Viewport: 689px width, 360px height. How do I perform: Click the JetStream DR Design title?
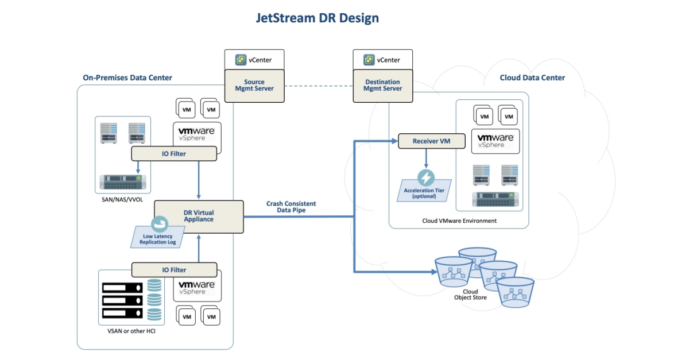(x=317, y=18)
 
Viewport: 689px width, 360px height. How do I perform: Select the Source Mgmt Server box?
(x=254, y=86)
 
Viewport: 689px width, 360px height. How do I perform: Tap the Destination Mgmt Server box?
(x=382, y=86)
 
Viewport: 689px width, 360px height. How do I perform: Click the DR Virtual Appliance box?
(x=199, y=216)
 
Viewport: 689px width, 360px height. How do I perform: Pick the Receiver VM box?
(x=426, y=141)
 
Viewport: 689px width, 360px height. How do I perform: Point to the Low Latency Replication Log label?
(x=158, y=239)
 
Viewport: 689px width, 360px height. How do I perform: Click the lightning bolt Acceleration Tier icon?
(x=426, y=177)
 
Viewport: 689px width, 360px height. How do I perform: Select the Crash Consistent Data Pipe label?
(x=291, y=207)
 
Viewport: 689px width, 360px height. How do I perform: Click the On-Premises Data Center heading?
(x=127, y=78)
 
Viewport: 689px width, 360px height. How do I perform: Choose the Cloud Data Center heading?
(x=532, y=78)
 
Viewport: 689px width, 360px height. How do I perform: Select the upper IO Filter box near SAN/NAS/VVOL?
(x=174, y=153)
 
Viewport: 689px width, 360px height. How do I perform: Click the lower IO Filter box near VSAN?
(x=174, y=269)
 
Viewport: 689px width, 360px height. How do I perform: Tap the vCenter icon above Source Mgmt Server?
(x=241, y=60)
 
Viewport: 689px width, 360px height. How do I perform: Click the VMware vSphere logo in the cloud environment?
(x=495, y=141)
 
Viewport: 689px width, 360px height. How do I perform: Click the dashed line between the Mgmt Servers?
(x=318, y=86)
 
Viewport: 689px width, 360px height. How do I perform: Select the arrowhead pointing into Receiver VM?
(x=394, y=141)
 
